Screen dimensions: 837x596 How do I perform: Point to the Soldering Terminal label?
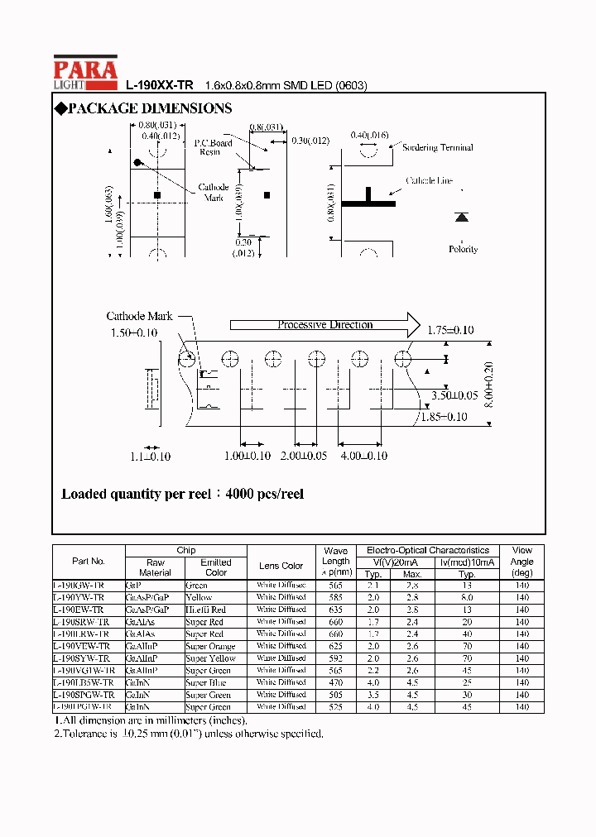click(437, 147)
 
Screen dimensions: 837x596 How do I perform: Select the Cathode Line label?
click(429, 181)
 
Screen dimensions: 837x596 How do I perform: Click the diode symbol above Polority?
click(462, 218)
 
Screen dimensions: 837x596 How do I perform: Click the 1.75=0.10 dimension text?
click(450, 330)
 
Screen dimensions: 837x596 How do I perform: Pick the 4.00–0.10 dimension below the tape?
click(363, 456)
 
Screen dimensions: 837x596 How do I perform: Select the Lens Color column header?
click(281, 566)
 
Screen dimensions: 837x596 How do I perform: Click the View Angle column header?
click(522, 561)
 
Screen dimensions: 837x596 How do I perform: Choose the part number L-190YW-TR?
click(79, 597)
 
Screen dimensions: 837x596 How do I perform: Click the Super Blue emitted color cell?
click(205, 683)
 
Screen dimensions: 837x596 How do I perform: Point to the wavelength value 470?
click(336, 683)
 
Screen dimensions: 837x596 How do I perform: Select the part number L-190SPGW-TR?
click(84, 695)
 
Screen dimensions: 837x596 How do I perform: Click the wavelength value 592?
click(336, 658)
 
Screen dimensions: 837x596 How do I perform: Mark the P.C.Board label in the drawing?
click(213, 143)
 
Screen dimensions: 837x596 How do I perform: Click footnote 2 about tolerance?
click(189, 734)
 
